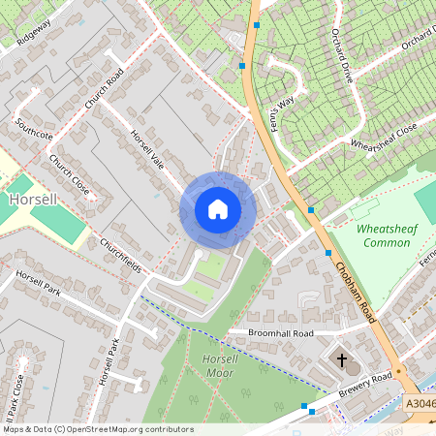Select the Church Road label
[x=106, y=88]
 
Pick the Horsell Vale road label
[x=150, y=155]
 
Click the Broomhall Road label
[x=282, y=332]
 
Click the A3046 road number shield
[x=419, y=404]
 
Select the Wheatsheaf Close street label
[x=383, y=138]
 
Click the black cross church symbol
[x=341, y=360]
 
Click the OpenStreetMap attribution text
[x=97, y=429]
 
